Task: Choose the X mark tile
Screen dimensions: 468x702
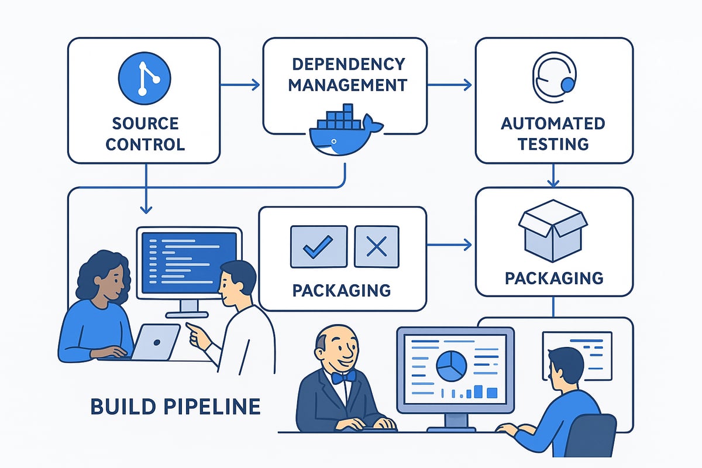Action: point(376,246)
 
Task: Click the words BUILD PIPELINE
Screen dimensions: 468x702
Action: point(175,406)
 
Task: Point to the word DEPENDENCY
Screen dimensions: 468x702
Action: point(347,64)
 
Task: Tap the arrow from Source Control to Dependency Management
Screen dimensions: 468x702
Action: point(240,85)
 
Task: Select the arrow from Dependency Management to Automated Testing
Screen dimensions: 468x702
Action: point(449,85)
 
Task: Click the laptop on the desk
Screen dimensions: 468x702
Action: point(154,341)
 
